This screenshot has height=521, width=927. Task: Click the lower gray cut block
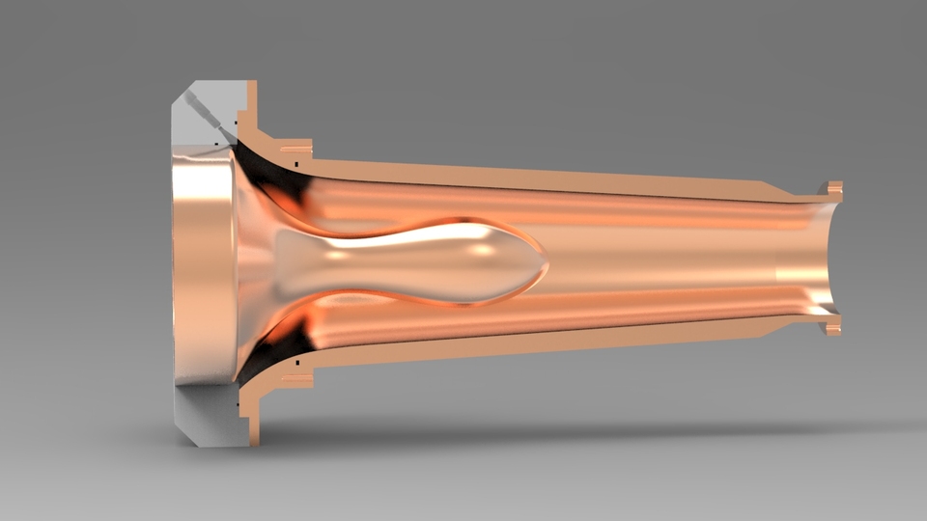203,415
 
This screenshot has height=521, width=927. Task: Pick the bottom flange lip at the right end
833,327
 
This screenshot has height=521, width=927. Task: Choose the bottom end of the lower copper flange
253,440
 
